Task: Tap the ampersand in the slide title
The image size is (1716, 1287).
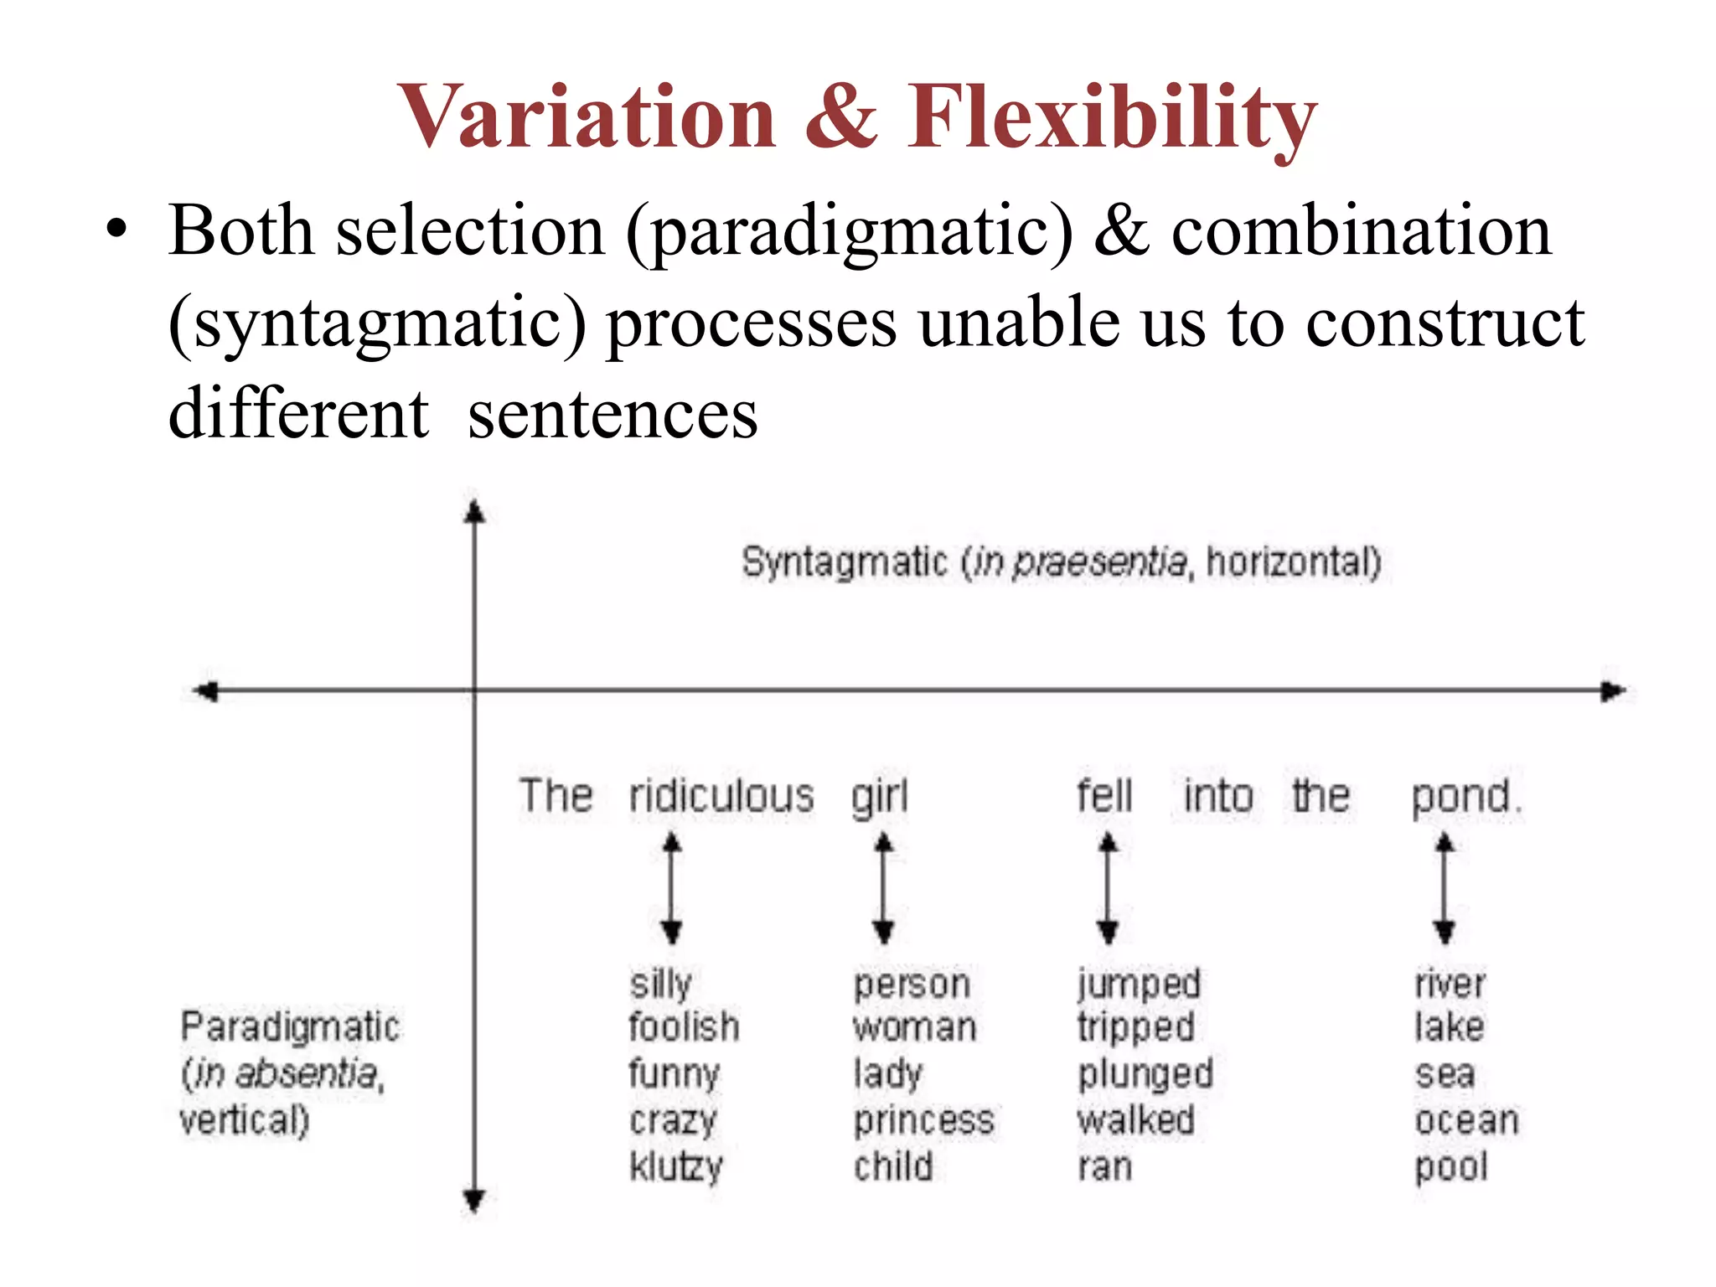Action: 840,117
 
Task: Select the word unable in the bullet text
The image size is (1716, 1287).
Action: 1019,323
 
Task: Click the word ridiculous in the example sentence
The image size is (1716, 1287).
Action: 721,795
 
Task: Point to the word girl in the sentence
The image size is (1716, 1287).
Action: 880,795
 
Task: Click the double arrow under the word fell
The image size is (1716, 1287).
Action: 1108,888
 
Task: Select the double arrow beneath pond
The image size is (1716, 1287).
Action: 1444,888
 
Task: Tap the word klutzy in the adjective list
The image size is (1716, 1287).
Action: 675,1167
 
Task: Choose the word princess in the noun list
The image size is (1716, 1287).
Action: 923,1121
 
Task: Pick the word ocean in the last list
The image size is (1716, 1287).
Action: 1466,1121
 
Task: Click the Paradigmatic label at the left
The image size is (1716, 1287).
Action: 290,1027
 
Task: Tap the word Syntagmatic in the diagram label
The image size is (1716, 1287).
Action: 845,562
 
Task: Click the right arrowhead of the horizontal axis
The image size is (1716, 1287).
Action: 1613,691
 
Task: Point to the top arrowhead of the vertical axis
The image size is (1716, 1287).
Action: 475,512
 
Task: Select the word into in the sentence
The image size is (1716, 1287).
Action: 1218,795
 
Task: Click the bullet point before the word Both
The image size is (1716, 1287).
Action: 116,230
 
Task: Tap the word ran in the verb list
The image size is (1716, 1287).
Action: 1104,1167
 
